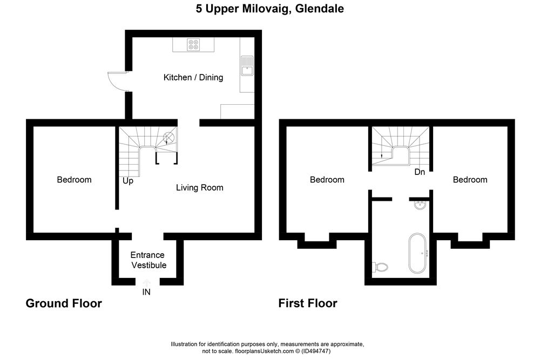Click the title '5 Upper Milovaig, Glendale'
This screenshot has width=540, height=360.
(x=269, y=9)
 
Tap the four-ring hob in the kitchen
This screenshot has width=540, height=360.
(x=193, y=45)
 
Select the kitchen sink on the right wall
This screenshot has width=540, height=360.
(x=247, y=65)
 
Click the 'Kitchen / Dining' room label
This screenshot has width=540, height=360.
(x=193, y=78)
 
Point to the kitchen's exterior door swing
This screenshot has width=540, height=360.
(x=117, y=80)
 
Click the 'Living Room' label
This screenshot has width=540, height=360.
(x=199, y=188)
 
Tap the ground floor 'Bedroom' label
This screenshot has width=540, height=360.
(x=74, y=180)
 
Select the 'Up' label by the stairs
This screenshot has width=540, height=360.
(x=128, y=181)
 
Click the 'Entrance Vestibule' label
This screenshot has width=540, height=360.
(x=147, y=260)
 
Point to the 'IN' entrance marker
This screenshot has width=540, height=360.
(x=146, y=292)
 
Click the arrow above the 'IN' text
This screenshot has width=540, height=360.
(x=146, y=282)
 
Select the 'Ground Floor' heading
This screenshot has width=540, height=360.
(x=64, y=303)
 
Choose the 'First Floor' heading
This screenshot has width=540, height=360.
(x=308, y=303)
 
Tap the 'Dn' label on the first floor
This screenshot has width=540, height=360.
(x=420, y=173)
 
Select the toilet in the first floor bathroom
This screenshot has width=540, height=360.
(x=381, y=267)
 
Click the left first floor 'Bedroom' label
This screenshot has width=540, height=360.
(x=327, y=180)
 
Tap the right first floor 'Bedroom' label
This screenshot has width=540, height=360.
(x=470, y=180)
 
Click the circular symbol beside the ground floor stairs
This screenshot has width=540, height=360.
(x=169, y=137)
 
